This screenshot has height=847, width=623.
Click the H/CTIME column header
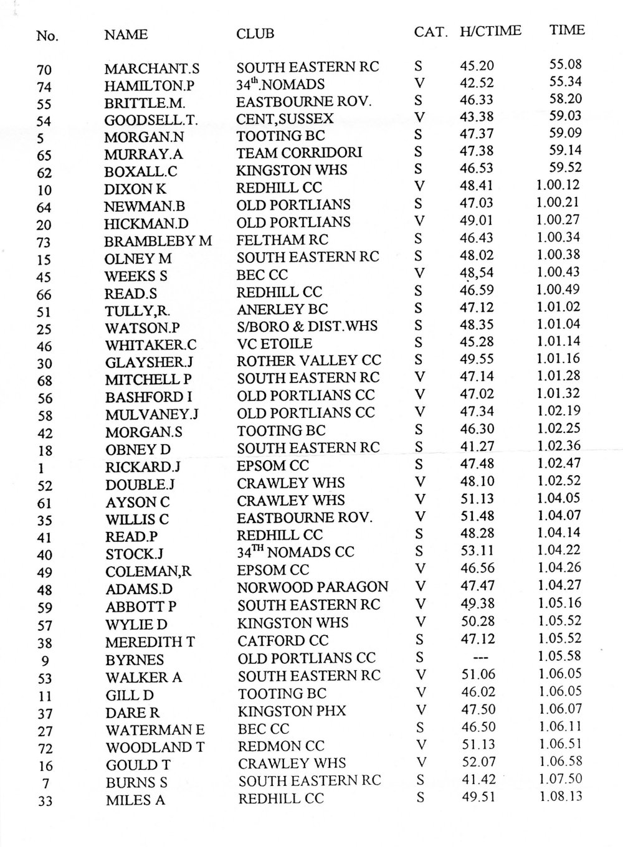(490, 31)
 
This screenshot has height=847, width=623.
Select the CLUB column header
(255, 33)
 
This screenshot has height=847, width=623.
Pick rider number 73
(44, 242)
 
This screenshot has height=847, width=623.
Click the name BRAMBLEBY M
(158, 240)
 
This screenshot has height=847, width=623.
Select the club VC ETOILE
(275, 343)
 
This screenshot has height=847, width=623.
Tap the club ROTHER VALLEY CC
(309, 360)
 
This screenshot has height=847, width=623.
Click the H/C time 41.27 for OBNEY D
(477, 446)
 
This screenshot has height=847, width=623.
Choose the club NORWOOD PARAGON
(313, 587)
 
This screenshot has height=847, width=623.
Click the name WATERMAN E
(155, 729)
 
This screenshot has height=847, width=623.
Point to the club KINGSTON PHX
(292, 711)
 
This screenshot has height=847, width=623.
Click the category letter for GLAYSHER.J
(419, 359)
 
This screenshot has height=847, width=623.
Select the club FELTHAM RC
(282, 239)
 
